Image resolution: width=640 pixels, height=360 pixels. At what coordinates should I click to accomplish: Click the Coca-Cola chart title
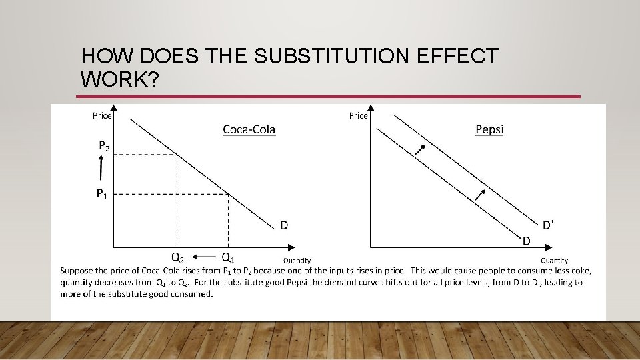249,129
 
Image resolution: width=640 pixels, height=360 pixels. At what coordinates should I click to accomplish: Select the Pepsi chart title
489,129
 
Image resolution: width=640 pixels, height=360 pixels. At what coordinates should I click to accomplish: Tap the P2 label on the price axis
105,145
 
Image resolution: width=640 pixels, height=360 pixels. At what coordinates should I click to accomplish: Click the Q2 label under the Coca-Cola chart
178,257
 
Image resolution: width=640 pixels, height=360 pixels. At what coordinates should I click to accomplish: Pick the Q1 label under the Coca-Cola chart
227,257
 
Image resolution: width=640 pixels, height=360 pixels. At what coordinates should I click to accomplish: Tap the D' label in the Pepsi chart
547,225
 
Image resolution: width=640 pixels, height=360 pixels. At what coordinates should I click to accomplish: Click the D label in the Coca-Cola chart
284,225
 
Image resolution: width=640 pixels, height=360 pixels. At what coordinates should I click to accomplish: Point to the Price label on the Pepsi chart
358,116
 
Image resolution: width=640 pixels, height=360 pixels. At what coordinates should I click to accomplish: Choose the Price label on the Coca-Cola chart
102,116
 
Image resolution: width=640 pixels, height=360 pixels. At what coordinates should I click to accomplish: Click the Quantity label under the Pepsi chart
554,261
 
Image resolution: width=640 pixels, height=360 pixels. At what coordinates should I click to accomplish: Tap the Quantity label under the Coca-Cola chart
297,261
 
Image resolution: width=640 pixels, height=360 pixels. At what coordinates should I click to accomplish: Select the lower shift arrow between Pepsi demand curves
479,194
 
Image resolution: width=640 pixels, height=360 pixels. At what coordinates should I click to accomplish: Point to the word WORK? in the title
119,79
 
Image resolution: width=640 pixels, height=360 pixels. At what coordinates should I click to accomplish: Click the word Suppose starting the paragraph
77,271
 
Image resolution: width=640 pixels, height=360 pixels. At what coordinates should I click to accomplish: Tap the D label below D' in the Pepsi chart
526,240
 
